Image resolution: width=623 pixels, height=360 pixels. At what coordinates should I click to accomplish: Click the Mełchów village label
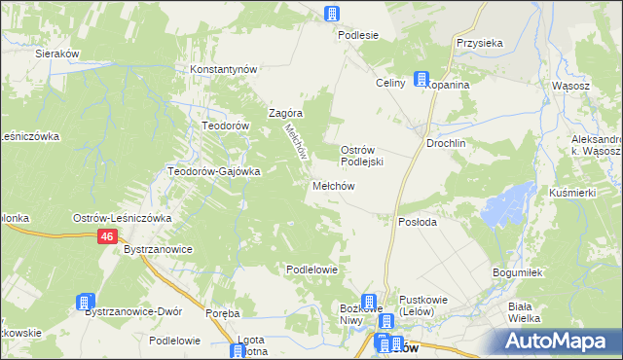[337, 186]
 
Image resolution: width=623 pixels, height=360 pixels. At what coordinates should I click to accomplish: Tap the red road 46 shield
[108, 236]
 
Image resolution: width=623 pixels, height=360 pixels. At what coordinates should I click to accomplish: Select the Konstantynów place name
[223, 70]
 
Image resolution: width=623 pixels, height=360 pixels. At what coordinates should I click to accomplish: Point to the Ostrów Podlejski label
[364, 156]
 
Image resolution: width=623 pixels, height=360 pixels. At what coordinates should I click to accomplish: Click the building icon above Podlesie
[332, 14]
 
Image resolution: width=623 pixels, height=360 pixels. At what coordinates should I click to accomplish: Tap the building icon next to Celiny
[421, 80]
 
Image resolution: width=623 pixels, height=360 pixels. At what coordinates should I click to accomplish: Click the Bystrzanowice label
[157, 250]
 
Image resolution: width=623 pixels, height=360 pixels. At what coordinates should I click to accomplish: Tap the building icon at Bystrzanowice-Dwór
[85, 303]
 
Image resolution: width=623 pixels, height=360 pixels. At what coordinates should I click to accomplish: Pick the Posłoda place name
[419, 222]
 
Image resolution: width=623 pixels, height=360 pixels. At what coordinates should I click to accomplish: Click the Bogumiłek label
[516, 273]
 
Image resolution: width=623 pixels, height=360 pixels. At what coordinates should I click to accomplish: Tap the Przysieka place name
[479, 44]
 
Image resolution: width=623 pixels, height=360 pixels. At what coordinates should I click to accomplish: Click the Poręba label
[223, 313]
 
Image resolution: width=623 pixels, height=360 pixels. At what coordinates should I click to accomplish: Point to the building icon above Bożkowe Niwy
[369, 302]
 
